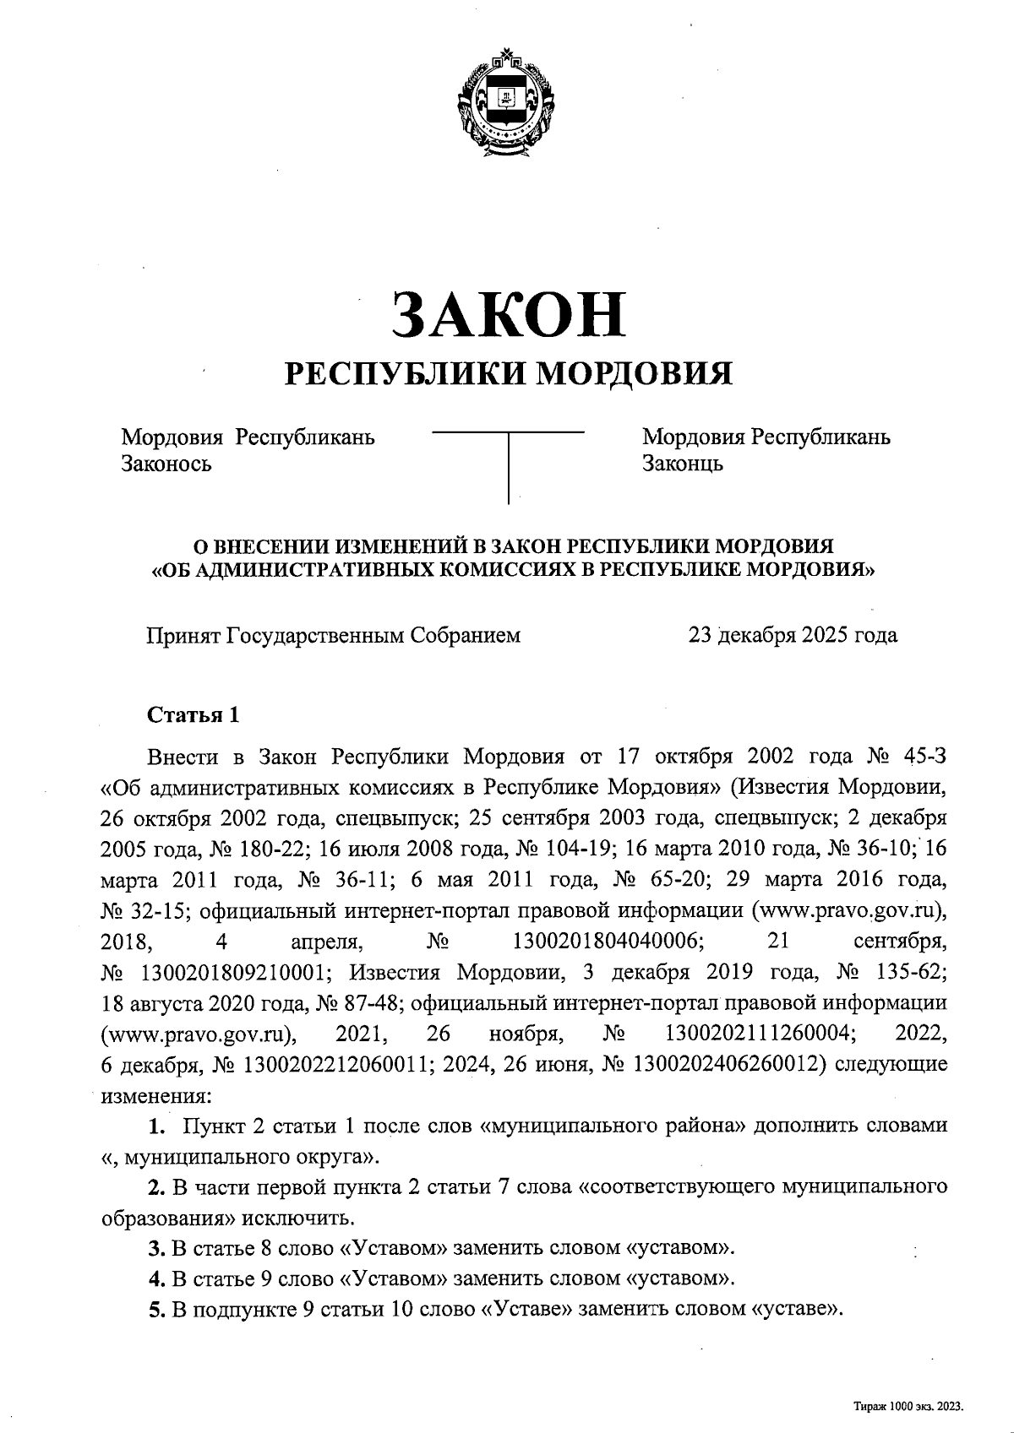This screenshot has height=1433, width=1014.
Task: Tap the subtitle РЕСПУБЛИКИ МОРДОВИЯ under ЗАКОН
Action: point(507,372)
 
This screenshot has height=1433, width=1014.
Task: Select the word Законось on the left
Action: point(166,464)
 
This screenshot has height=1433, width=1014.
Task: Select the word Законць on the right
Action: point(682,464)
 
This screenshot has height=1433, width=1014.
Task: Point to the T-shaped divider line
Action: point(508,464)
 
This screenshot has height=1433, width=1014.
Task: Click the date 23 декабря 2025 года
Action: point(793,635)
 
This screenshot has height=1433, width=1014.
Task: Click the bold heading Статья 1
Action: point(194,715)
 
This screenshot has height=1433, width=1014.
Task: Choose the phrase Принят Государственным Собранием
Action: point(335,635)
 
